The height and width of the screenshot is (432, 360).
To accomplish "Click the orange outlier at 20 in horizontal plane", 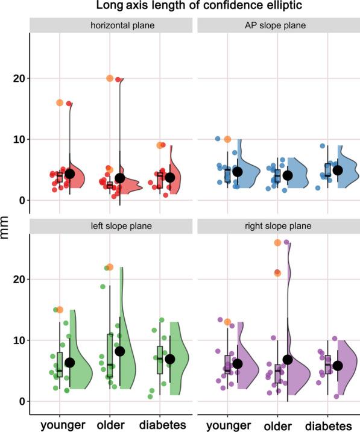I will coord(110,78).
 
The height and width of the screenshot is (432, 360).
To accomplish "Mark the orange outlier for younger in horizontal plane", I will coord(60,103).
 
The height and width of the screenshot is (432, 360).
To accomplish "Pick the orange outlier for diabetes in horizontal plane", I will coord(160,145).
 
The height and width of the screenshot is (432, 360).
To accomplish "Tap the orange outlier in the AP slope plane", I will coord(227,139).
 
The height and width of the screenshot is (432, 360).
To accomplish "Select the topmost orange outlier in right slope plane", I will coord(278,243).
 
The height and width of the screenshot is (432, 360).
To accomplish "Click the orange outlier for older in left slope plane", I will coord(110,267).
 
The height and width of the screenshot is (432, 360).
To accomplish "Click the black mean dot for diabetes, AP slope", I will coord(338,170).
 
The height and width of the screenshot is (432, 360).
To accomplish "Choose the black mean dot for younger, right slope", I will coord(237,363).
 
